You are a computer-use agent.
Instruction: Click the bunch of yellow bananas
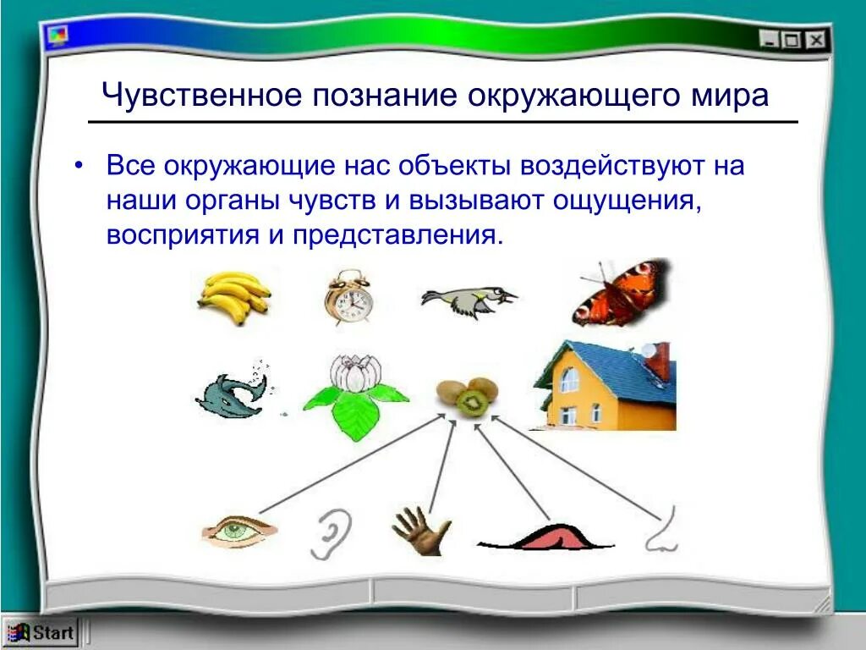click(235, 297)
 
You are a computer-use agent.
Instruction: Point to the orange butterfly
click(621, 292)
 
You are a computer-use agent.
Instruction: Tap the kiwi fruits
click(467, 396)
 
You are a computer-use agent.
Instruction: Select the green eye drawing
click(239, 532)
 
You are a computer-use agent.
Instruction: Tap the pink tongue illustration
click(545, 537)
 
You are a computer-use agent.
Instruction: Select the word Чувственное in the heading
click(201, 95)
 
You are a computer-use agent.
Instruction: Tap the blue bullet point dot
click(79, 167)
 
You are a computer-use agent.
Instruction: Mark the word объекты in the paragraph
click(454, 166)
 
